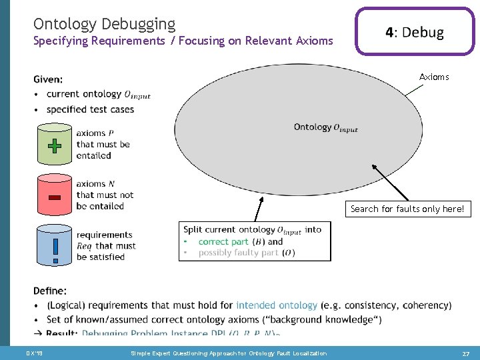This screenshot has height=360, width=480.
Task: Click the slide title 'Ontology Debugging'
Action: pyautogui.click(x=104, y=25)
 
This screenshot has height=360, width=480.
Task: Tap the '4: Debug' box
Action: pyautogui.click(x=414, y=32)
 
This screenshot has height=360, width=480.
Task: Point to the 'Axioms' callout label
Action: pyautogui.click(x=434, y=77)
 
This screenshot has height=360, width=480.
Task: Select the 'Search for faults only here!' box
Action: pyautogui.click(x=407, y=209)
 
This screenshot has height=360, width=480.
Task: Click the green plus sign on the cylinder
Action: pyautogui.click(x=55, y=145)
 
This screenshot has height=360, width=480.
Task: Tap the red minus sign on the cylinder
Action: pyautogui.click(x=55, y=197)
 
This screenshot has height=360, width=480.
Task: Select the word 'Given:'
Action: pyautogui.click(x=48, y=79)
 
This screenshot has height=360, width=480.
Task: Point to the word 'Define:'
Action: pyautogui.click(x=50, y=291)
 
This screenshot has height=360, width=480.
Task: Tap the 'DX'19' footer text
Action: pyautogui.click(x=34, y=353)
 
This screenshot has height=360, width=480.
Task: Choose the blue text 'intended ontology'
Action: pyautogui.click(x=276, y=305)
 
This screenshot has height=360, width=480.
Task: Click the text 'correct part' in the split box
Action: pyautogui.click(x=223, y=241)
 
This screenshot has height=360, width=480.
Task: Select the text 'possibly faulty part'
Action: pyautogui.click(x=239, y=253)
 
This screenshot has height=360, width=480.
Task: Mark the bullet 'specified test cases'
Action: pyautogui.click(x=90, y=109)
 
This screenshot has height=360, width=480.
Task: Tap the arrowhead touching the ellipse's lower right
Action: pyautogui.click(x=375, y=168)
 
